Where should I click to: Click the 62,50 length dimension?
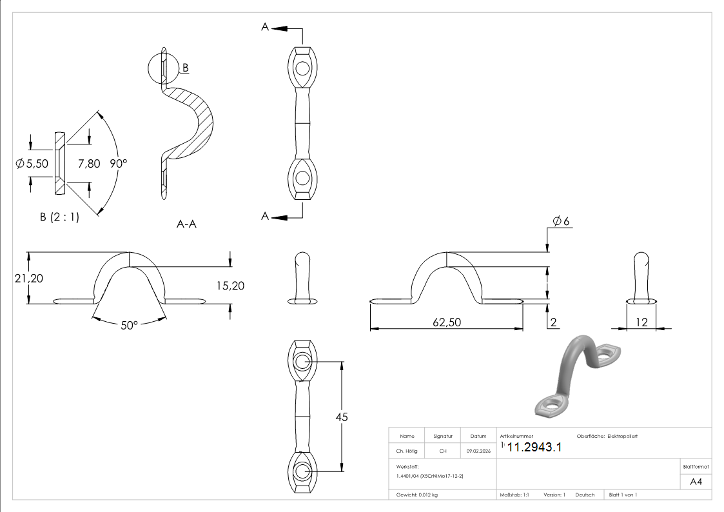(x=447, y=322)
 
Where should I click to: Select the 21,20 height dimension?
(x=28, y=279)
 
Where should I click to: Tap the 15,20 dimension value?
(x=230, y=286)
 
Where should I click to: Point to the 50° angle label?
(x=130, y=326)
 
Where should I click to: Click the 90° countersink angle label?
(x=118, y=163)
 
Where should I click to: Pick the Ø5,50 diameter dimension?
(x=32, y=163)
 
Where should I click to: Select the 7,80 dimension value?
(x=89, y=163)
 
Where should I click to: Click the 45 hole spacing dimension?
(x=341, y=417)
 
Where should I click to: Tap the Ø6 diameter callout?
(x=561, y=221)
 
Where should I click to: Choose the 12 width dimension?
(x=642, y=322)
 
